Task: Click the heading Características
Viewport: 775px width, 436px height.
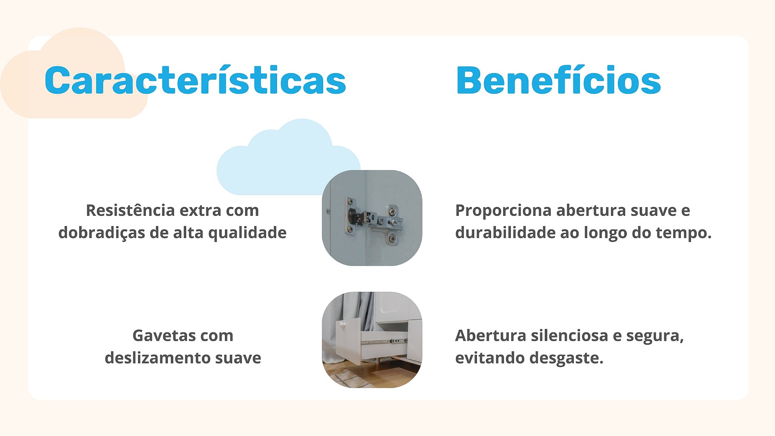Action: (x=195, y=80)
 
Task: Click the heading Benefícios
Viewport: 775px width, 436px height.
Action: (x=558, y=80)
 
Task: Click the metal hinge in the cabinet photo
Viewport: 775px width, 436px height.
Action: (x=374, y=221)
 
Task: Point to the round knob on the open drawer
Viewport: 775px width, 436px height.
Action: (x=342, y=325)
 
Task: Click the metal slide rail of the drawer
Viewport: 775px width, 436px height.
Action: (x=384, y=341)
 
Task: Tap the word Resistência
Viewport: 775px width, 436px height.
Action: (x=130, y=210)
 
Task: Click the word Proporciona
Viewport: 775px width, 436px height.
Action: (x=503, y=211)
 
